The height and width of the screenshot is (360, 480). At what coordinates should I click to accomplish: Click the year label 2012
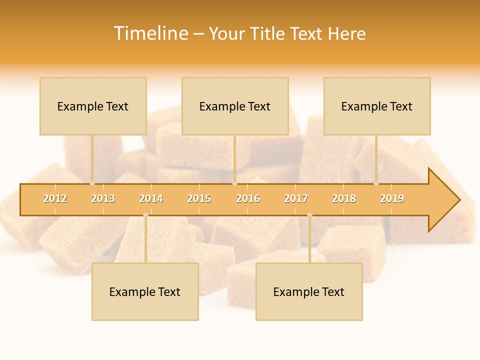[x=55, y=198]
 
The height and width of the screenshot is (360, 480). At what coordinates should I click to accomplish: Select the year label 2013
[x=103, y=198]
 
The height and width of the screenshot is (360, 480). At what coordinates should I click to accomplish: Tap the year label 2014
[x=151, y=198]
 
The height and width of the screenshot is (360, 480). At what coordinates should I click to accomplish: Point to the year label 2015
[x=199, y=198]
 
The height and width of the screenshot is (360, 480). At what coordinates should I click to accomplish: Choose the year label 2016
[x=248, y=198]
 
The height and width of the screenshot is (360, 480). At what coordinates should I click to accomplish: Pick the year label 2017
[x=296, y=198]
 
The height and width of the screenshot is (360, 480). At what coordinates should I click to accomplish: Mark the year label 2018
[x=344, y=198]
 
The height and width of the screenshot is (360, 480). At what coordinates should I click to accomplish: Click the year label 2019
[x=392, y=198]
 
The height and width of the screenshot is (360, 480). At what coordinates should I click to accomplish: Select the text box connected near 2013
[x=93, y=106]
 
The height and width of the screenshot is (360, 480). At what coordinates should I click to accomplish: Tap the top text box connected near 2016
[x=235, y=106]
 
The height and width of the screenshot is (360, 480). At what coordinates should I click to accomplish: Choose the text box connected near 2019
[x=377, y=106]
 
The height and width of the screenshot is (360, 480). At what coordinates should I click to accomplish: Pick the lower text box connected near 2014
[x=145, y=292]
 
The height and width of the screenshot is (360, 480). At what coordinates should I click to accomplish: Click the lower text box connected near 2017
[x=309, y=292]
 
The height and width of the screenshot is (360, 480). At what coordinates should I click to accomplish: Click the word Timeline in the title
[x=150, y=33]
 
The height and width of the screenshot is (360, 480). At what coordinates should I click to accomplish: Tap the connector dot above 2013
[x=92, y=183]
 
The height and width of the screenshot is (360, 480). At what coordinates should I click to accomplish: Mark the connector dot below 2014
[x=145, y=215]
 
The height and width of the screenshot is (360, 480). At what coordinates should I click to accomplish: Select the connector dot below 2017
[x=309, y=215]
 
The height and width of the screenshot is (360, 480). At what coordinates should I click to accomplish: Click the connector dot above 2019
[x=376, y=183]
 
